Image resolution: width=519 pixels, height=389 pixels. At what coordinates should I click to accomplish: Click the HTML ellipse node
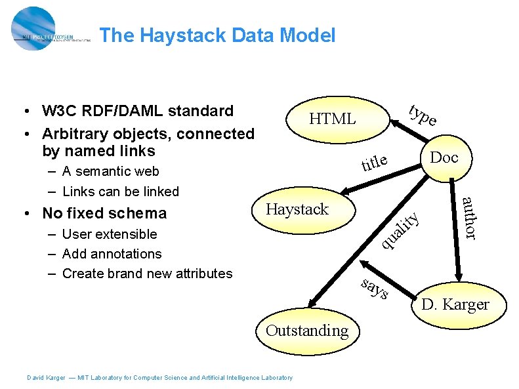(333, 119)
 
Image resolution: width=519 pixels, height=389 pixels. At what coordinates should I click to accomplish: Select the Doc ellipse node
(443, 158)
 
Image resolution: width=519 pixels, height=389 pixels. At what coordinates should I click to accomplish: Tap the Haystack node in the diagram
(298, 209)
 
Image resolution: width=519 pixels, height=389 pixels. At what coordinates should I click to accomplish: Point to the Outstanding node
(307, 330)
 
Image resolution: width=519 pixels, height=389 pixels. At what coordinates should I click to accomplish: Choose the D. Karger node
(455, 304)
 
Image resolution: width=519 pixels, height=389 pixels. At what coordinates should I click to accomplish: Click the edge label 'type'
(422, 115)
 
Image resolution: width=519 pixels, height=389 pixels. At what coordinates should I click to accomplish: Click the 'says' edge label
(375, 289)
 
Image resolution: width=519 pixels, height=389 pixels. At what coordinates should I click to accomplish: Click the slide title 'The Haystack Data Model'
(218, 35)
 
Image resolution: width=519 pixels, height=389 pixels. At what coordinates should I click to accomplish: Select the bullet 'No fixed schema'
(104, 213)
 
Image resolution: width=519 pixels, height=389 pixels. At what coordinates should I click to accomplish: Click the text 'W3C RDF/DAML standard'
(137, 110)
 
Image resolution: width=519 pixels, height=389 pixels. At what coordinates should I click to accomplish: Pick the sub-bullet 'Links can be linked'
(120, 192)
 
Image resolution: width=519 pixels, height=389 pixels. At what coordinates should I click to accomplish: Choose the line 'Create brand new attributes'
(147, 274)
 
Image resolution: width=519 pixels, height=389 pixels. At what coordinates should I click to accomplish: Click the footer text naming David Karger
(159, 377)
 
